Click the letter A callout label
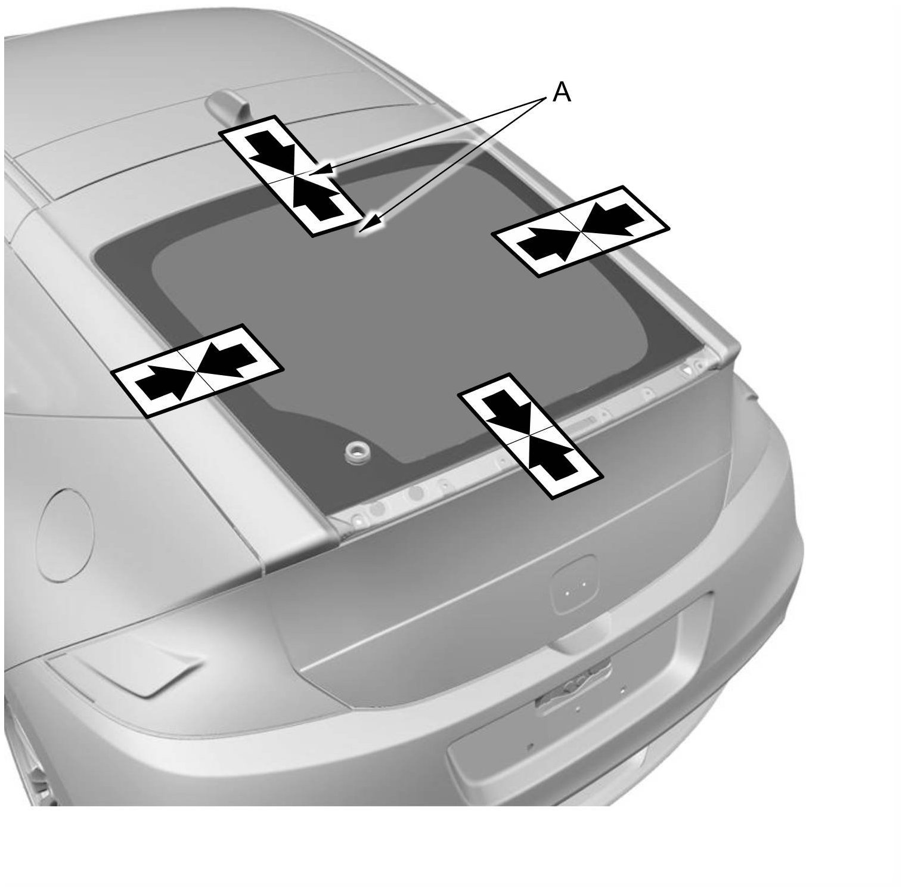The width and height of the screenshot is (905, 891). (562, 93)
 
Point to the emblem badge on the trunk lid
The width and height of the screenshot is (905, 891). (574, 583)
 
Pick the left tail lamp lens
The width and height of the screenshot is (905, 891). (128, 672)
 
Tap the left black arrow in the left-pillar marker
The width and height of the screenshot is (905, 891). (163, 379)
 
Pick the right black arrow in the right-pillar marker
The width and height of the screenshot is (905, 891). (608, 218)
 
